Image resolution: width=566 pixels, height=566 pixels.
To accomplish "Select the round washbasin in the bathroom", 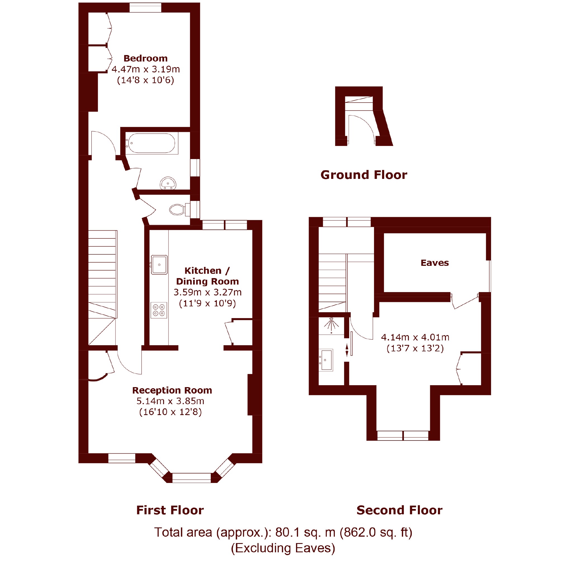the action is point(168,183).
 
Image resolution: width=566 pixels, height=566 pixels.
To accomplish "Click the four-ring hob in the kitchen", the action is point(159,310).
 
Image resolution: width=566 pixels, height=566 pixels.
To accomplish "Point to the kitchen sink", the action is point(159,264).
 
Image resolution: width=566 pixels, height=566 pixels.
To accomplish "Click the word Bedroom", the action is point(146,58).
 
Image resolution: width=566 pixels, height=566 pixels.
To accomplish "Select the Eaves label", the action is point(434,262).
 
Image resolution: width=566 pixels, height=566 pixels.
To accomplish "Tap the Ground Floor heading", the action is point(364,175).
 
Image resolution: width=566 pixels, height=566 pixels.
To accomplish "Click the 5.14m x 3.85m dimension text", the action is point(170,401).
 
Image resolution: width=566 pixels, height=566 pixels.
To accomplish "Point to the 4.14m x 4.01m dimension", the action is point(415,337).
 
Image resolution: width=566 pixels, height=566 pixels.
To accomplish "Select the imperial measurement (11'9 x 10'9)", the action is point(207,303).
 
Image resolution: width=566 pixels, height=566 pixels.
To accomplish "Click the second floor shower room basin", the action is point(326,360).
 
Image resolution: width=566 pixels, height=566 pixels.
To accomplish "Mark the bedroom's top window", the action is point(145,8).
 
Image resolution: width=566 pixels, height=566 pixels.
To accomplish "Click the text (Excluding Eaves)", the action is point(283,548).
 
